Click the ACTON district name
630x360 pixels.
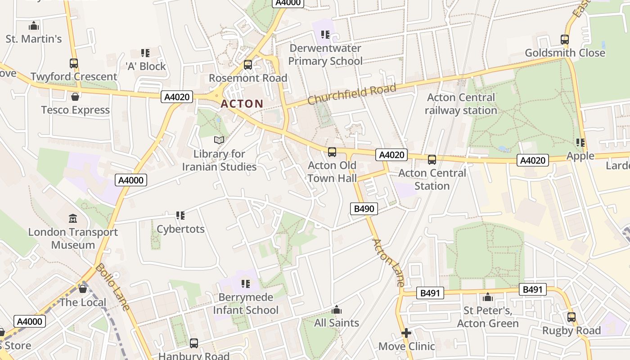242,104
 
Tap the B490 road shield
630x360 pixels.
364,208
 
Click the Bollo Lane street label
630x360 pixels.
112,287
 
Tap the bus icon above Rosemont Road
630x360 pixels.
247,65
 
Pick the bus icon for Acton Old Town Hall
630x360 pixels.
332,152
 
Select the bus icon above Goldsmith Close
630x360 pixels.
565,40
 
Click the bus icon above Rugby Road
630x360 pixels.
571,317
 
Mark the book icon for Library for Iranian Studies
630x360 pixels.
219,140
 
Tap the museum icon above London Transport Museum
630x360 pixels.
73,219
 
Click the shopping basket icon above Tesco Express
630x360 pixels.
75,97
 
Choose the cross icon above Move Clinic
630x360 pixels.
406,333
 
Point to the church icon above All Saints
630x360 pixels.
337,310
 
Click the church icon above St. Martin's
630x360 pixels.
33,26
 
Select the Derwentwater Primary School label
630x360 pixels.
325,54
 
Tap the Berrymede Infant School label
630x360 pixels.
246,304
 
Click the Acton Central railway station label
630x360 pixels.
461,104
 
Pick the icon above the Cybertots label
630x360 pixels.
180,216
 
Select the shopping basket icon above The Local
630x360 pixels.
83,289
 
